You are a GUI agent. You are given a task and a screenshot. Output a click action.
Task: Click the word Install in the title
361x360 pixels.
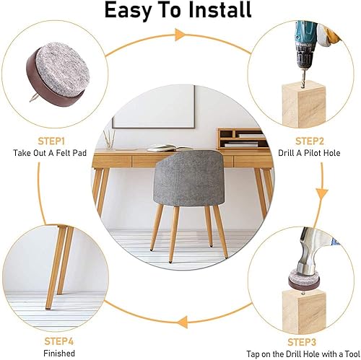pos(219,10)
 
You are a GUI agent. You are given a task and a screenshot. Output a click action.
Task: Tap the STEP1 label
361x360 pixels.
pos(51,141)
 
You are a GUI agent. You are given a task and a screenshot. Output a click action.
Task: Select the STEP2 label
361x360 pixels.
pos(310,141)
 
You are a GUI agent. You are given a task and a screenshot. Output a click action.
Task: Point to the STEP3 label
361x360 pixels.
pos(302,342)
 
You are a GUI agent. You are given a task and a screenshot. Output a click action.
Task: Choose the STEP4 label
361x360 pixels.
pos(59,341)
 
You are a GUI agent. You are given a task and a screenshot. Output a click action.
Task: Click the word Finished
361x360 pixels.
pos(59,354)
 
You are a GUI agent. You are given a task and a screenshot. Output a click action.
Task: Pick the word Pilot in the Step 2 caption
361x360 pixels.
pos(313,153)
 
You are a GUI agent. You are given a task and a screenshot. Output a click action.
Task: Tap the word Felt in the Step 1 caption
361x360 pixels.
pos(64,153)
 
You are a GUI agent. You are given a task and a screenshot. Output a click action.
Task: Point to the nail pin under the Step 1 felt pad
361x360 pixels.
pos(32,99)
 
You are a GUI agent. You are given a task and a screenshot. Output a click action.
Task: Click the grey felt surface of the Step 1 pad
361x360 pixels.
pos(63,68)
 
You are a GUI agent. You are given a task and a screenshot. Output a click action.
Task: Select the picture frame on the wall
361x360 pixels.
pos(154,107)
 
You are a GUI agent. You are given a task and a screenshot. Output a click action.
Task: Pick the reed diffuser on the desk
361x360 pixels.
pos(109,140)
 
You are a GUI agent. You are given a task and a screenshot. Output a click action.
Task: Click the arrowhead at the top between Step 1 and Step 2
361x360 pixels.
pos(179,35)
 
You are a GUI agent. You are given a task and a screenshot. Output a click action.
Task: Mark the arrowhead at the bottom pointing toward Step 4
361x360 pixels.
pos(183,322)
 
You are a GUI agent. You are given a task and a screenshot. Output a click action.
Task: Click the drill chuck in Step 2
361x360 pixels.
pos(303,57)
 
